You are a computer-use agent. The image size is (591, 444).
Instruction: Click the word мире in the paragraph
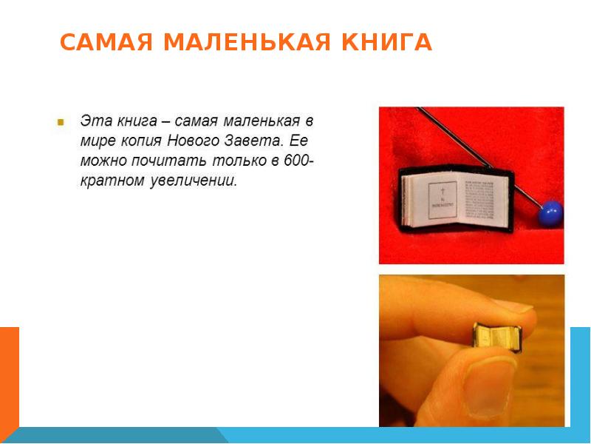96,141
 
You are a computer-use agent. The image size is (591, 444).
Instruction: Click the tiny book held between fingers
496,337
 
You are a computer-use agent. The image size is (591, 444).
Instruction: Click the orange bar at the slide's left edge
9,377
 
